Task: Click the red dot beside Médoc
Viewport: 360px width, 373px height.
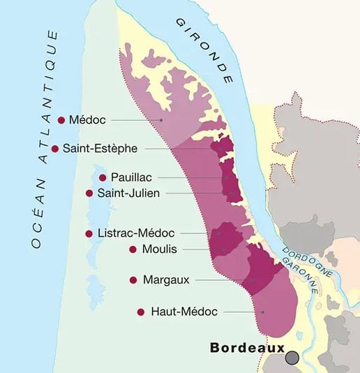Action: pos(61,120)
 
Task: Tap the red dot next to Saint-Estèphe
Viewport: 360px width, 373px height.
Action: pos(55,148)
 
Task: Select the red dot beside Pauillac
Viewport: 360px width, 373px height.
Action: pos(103,177)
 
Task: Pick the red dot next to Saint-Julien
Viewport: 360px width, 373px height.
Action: pos(89,193)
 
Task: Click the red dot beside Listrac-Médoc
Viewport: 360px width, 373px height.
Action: pos(89,233)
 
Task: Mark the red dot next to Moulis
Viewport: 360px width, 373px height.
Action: pos(132,249)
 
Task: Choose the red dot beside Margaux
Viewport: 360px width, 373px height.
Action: pos(133,279)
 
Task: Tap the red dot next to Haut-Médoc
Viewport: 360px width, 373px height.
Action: pos(141,312)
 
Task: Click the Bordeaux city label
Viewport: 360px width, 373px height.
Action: pos(247,347)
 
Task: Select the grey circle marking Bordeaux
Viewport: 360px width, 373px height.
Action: pos(292,357)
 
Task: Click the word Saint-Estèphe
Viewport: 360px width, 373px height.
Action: pos(100,148)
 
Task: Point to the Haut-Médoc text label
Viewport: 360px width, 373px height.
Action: pos(184,312)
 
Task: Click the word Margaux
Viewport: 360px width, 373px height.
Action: pos(165,279)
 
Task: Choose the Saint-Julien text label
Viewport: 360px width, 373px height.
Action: pos(129,193)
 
